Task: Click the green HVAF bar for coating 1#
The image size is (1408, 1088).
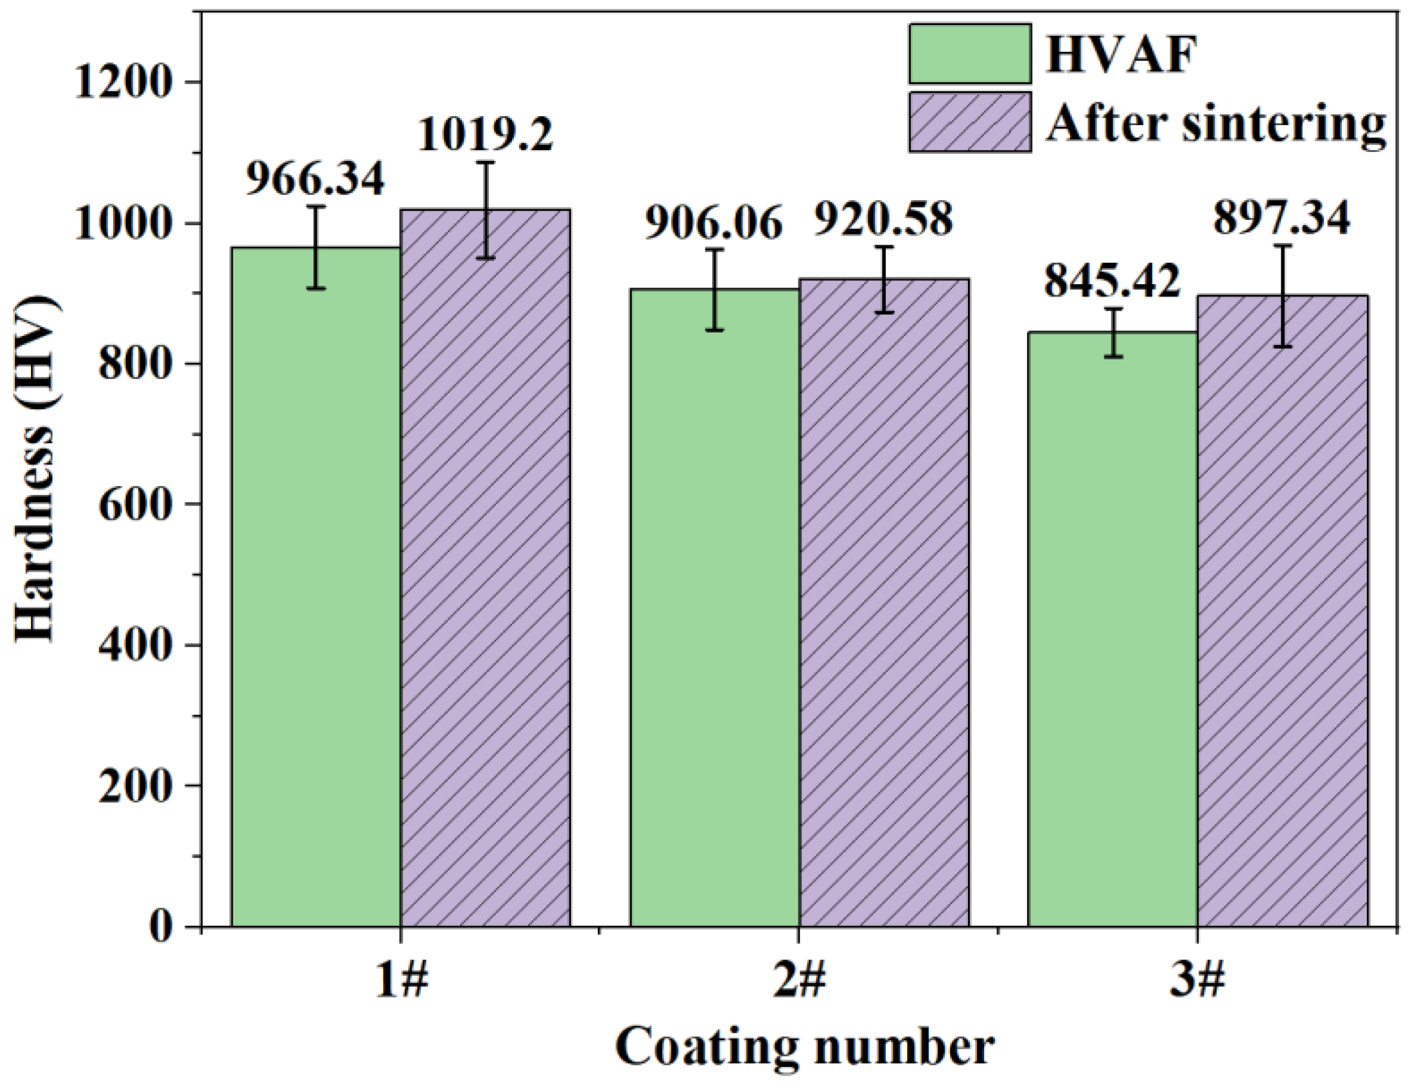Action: [316, 587]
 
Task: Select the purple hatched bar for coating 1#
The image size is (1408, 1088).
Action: [485, 568]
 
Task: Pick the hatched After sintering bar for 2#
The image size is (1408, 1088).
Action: [884, 603]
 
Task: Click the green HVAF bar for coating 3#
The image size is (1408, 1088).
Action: [1113, 629]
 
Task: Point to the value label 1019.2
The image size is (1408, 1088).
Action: [485, 135]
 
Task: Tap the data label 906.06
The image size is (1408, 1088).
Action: [714, 223]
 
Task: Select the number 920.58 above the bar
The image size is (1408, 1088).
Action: [884, 218]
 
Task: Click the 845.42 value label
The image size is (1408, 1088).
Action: [1112, 281]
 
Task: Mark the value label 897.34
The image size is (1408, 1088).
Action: [1282, 219]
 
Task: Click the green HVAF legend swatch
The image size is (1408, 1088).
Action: [970, 54]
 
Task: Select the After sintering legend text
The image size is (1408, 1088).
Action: [1215, 123]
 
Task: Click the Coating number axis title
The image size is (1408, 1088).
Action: [804, 1048]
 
